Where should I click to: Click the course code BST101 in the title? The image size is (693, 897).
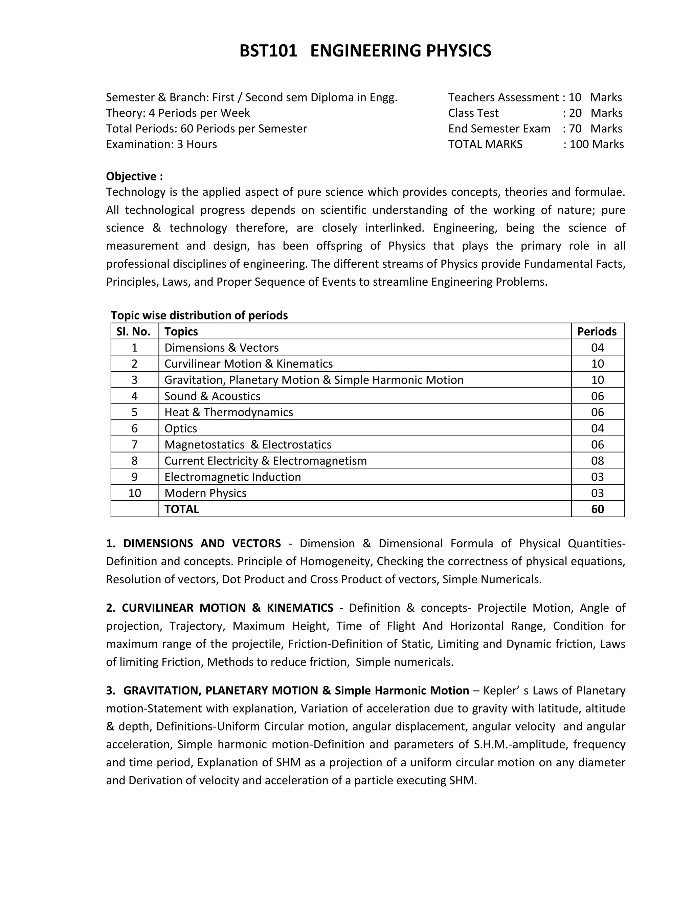[x=268, y=51]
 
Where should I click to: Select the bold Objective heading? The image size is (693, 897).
[x=134, y=176]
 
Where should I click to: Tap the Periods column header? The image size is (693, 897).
[x=597, y=331]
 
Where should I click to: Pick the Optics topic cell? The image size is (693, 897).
[x=181, y=429]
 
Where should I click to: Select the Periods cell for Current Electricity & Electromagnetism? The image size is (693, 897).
[x=597, y=461]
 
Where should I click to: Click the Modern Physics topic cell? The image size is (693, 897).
[x=205, y=493]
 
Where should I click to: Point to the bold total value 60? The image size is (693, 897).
[x=597, y=509]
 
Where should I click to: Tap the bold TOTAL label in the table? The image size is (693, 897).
[x=181, y=509]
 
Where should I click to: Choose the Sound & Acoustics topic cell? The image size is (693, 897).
[x=212, y=396]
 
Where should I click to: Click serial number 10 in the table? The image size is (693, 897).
[x=135, y=493]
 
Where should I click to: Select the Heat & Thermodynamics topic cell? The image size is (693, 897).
[x=229, y=412]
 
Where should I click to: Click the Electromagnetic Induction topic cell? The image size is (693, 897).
[x=232, y=477]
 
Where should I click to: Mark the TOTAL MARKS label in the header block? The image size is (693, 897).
[x=485, y=144]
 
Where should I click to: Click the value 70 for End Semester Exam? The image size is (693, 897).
[x=575, y=129]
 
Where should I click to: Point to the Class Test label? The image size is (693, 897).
[x=473, y=113]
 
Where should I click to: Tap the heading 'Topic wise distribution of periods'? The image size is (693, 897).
[x=199, y=315]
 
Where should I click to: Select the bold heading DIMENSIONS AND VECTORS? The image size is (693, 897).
[x=202, y=543]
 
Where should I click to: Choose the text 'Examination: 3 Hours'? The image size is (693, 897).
[x=161, y=144]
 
